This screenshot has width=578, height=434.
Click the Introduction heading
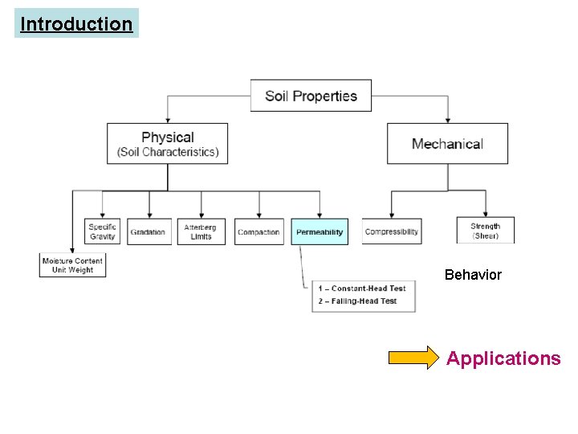pyautogui.click(x=76, y=24)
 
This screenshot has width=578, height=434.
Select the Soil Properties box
pyautogui.click(x=311, y=96)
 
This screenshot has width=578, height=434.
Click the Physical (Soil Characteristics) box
pyautogui.click(x=168, y=144)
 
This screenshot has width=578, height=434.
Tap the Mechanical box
pyautogui.click(x=447, y=144)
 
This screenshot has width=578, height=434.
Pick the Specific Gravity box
pyautogui.click(x=102, y=231)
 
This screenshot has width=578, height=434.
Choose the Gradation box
pyautogui.click(x=148, y=231)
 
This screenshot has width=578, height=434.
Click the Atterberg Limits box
pyautogui.click(x=201, y=231)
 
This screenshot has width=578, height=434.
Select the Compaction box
pyautogui.click(x=258, y=231)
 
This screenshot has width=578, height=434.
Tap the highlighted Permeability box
pyautogui.click(x=320, y=231)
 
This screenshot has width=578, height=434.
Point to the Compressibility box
pyautogui.click(x=391, y=231)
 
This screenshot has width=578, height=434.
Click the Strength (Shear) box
pyautogui.click(x=485, y=231)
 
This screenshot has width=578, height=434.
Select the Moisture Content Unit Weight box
pyautogui.click(x=72, y=265)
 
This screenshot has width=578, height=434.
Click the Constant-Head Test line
pyautogui.click(x=362, y=289)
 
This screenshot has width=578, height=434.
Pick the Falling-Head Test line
pyautogui.click(x=357, y=301)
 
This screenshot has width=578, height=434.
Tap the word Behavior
pyautogui.click(x=473, y=275)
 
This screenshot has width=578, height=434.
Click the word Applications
pyautogui.click(x=503, y=358)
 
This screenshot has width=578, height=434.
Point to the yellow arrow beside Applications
pyautogui.click(x=414, y=358)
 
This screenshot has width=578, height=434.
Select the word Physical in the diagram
pyautogui.click(x=168, y=137)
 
